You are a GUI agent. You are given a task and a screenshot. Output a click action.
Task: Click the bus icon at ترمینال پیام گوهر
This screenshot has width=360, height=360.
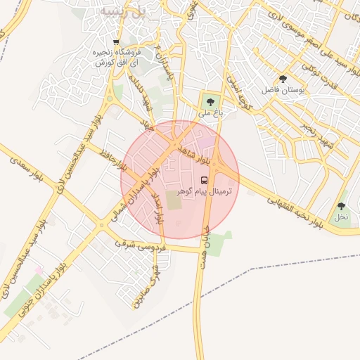[x=205, y=179]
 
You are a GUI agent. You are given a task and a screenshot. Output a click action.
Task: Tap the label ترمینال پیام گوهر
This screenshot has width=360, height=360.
[x=205, y=191]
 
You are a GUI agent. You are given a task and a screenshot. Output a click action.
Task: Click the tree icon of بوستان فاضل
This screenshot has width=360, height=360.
[x=283, y=79]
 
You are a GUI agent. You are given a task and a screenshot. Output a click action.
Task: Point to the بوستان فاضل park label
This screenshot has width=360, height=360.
[x=282, y=91]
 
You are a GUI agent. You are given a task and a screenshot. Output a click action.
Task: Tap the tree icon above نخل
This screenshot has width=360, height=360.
[x=341, y=206]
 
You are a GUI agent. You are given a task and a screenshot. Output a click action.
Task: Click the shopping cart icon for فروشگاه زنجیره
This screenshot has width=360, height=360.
[x=117, y=42]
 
